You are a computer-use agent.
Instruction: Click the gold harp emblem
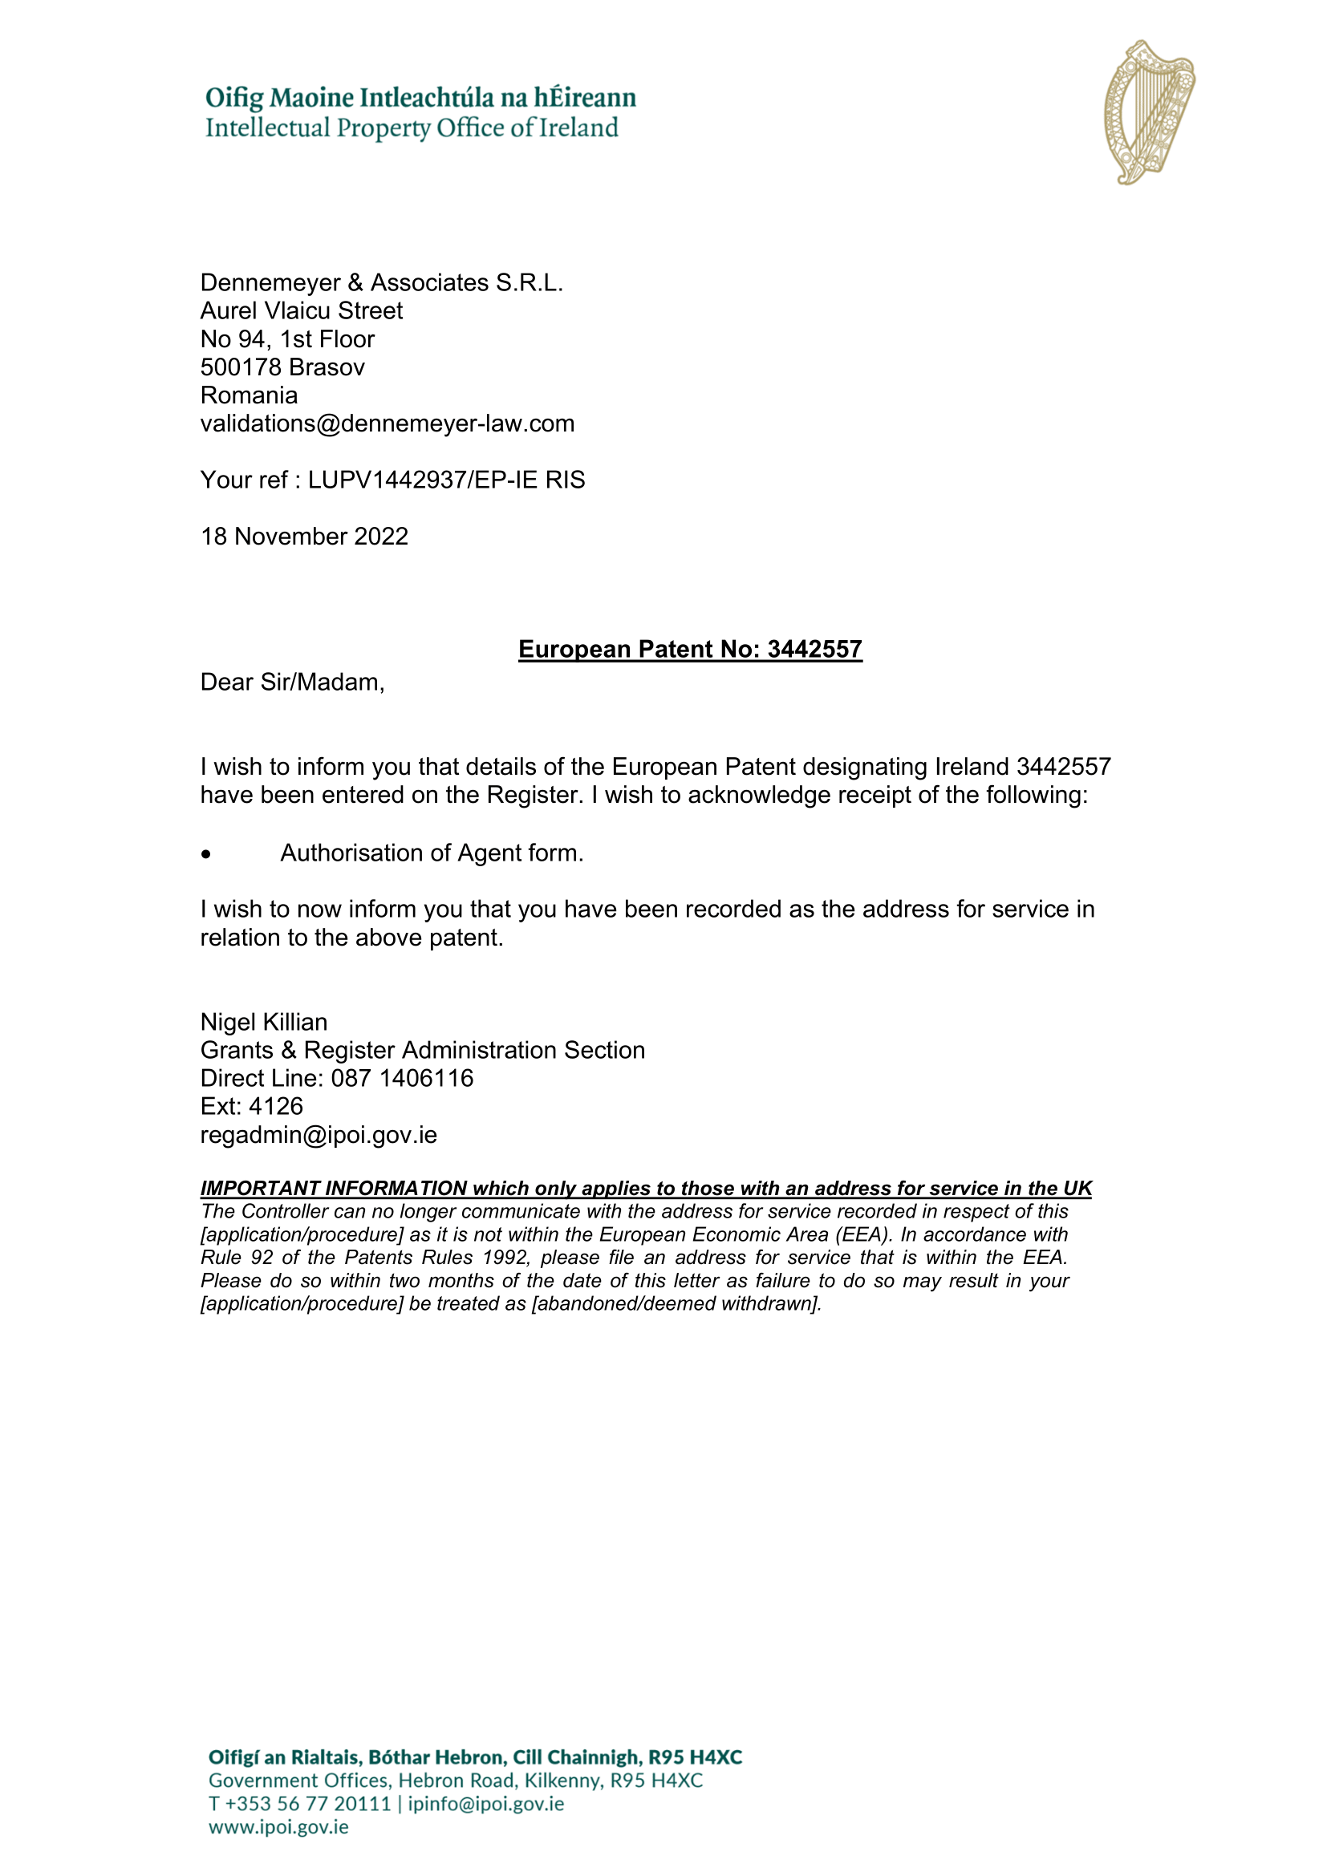(1149, 112)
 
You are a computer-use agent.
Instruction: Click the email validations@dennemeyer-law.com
(388, 423)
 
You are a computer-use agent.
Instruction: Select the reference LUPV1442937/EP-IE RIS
(446, 480)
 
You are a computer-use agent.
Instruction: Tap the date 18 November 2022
(304, 536)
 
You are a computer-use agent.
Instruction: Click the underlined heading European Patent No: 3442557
(690, 649)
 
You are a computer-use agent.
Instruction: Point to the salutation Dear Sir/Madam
(292, 683)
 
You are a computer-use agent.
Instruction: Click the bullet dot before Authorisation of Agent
(206, 855)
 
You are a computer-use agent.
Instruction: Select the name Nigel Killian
(263, 1022)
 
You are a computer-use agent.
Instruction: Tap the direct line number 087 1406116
(402, 1079)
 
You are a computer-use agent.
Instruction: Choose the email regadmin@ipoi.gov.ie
(319, 1135)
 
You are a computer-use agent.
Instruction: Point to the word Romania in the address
(249, 395)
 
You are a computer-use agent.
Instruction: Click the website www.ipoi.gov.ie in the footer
(278, 1827)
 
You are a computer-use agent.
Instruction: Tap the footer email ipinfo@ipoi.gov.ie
(485, 1803)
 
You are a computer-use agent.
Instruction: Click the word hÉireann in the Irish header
(584, 98)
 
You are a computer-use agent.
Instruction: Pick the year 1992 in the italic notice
(505, 1258)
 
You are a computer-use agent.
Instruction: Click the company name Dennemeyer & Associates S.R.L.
(382, 282)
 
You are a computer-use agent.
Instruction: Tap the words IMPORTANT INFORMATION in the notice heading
(334, 1188)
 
